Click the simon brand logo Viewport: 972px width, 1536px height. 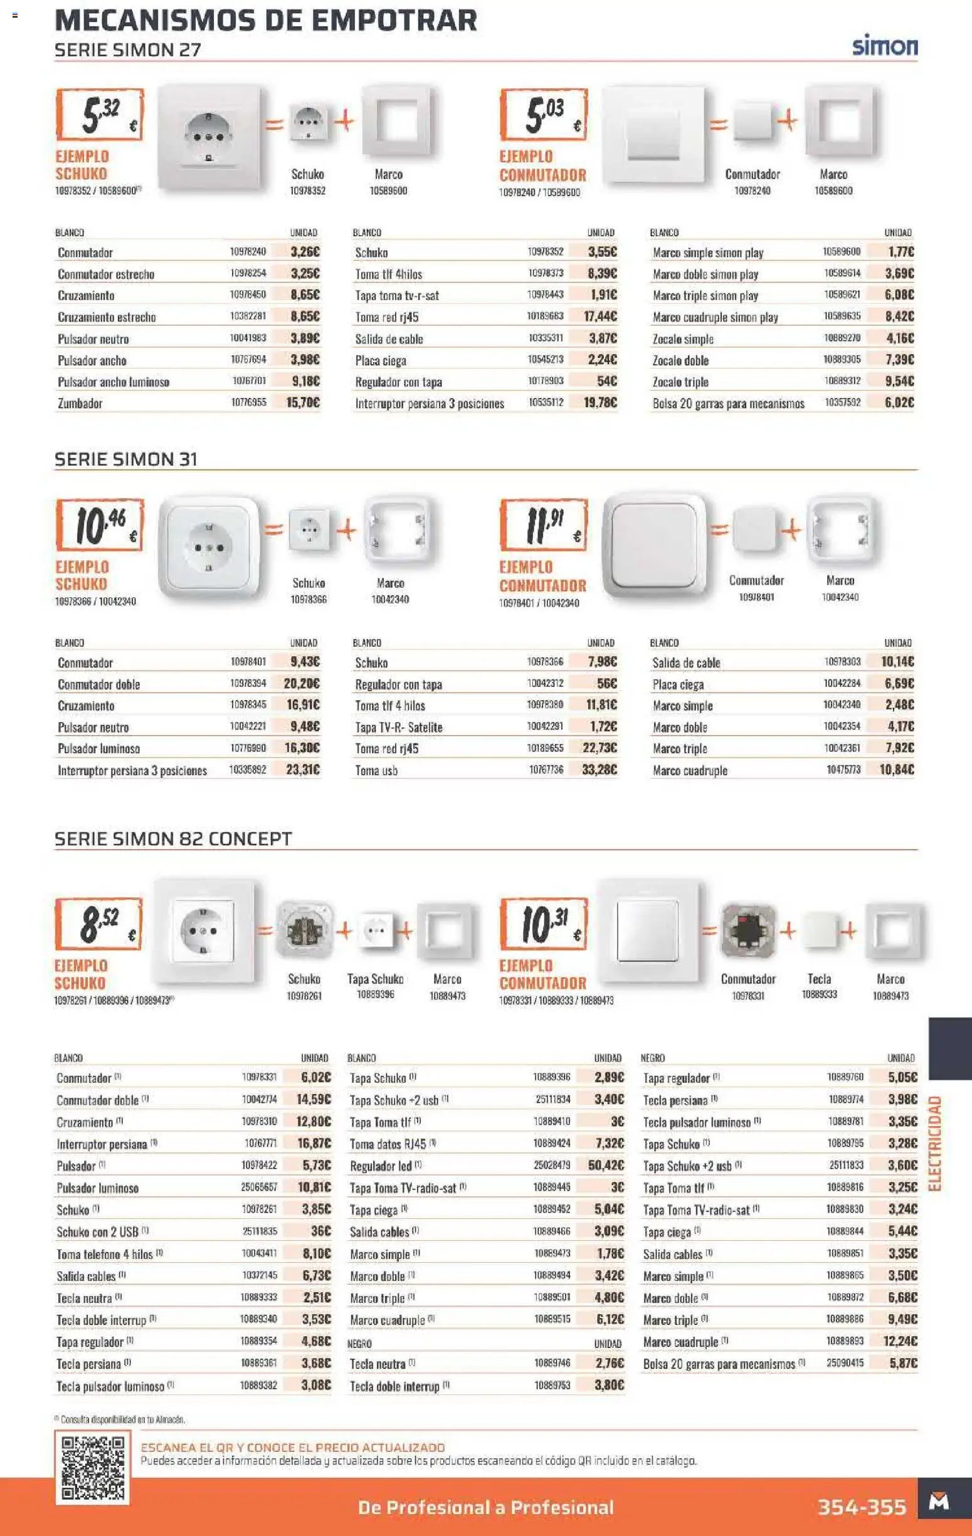pos(885,46)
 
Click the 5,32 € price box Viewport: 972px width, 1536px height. pos(100,115)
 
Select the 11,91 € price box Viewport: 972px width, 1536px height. pos(544,525)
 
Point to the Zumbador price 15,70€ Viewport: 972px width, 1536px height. pos(303,402)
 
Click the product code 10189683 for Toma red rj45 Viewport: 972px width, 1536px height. pos(545,316)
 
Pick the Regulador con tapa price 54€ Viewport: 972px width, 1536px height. pos(606,382)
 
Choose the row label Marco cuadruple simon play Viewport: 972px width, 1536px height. pos(715,317)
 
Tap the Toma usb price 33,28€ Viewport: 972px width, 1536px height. pos(600,770)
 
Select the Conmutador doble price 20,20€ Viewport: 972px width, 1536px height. pos(302,684)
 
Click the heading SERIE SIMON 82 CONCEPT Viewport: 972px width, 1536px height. pos(173,839)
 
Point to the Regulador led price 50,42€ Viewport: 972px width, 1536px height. pos(606,1166)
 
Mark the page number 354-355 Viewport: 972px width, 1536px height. pos(862,1507)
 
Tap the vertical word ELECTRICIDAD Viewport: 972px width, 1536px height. pos(934,1143)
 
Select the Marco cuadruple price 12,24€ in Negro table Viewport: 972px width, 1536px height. pos(900,1342)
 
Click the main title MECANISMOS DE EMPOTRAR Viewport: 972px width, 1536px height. pos(266,21)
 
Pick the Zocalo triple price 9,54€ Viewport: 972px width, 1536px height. pos(899,382)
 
